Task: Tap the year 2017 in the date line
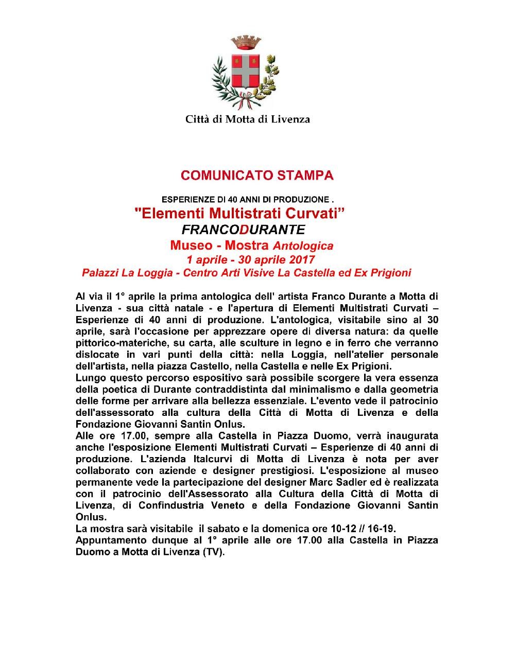(301, 259)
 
